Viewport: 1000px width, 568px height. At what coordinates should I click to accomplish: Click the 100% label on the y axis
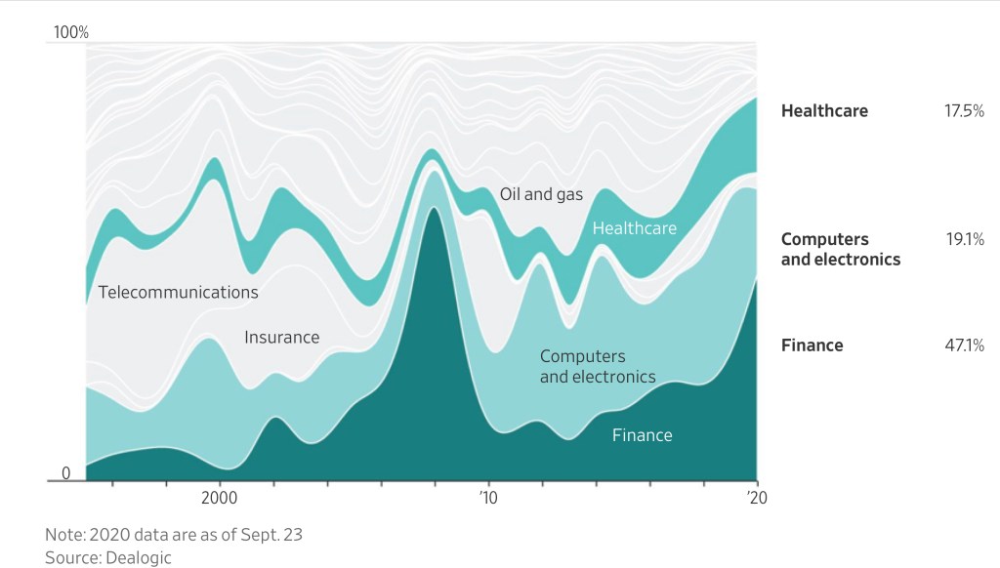tap(70, 33)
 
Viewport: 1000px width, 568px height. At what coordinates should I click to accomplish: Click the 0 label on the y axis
tap(66, 473)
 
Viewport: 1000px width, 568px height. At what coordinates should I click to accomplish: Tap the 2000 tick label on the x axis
tap(219, 497)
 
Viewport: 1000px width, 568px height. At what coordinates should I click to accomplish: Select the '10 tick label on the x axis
tap(488, 497)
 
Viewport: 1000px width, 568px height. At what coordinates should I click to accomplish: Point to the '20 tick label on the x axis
tap(756, 497)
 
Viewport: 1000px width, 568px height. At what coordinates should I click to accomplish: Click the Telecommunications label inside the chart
tap(178, 292)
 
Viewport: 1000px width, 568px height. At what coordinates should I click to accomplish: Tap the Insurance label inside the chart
tap(281, 338)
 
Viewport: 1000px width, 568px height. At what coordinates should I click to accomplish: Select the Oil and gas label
tap(541, 194)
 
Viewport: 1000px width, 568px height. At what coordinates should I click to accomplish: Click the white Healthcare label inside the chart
tap(634, 228)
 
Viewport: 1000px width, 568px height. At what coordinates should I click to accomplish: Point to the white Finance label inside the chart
tap(642, 435)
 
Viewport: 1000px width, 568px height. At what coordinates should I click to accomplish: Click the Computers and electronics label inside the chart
tap(597, 366)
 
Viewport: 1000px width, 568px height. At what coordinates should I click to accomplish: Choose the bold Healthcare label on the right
tap(824, 111)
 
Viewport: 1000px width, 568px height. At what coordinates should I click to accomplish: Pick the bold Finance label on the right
tap(812, 345)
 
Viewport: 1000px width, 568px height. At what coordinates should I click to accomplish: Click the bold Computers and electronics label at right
tap(840, 249)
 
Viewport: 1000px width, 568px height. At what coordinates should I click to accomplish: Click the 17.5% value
tap(964, 111)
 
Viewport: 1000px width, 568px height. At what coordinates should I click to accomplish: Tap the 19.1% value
tap(965, 239)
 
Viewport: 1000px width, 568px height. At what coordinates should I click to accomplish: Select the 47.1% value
tap(964, 345)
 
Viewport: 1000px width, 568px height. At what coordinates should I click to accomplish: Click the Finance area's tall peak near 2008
tap(432, 293)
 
